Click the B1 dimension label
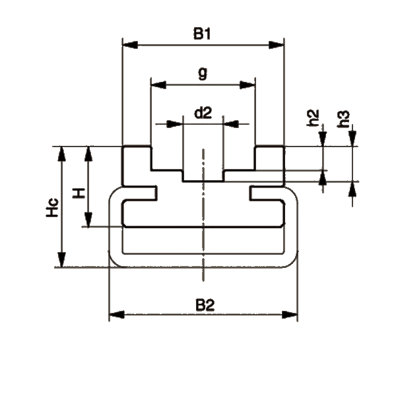[x=202, y=34]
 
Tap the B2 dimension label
[x=205, y=305]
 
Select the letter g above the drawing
[x=203, y=73]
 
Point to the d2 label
[x=203, y=113]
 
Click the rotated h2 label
[x=313, y=118]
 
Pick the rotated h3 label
[x=344, y=119]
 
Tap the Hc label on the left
[x=52, y=208]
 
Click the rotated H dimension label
[x=79, y=193]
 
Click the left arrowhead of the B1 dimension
[x=130, y=45]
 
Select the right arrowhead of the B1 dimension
[x=277, y=45]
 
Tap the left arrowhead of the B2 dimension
[x=117, y=315]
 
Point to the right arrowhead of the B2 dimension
[x=290, y=315]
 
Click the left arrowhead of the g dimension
[x=158, y=85]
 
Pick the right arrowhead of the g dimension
[x=247, y=85]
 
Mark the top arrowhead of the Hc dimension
[x=61, y=154]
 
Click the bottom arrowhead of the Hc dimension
[x=61, y=259]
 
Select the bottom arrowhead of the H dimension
[x=88, y=220]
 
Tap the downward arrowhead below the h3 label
[x=352, y=138]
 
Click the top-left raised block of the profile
[x=137, y=166]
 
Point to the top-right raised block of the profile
[x=270, y=166]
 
